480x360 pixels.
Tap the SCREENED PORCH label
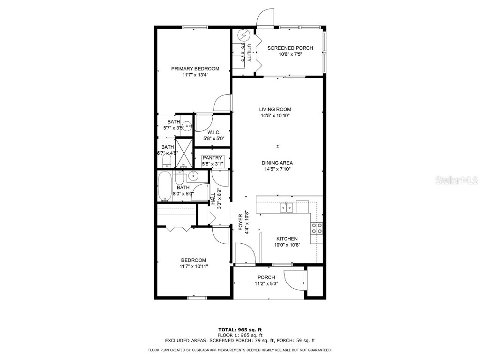click(x=287, y=48)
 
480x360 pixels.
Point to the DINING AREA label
click(x=277, y=163)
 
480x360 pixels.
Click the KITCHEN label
click(x=287, y=239)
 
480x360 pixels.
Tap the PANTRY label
click(x=212, y=158)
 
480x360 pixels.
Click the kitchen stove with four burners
click(x=317, y=228)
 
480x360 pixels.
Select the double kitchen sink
click(x=287, y=207)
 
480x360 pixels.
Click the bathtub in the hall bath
click(x=165, y=186)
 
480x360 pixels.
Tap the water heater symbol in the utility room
click(x=244, y=35)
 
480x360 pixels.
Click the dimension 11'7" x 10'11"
click(x=194, y=266)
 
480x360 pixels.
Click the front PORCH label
click(x=266, y=277)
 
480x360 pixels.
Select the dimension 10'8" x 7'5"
click(x=287, y=54)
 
